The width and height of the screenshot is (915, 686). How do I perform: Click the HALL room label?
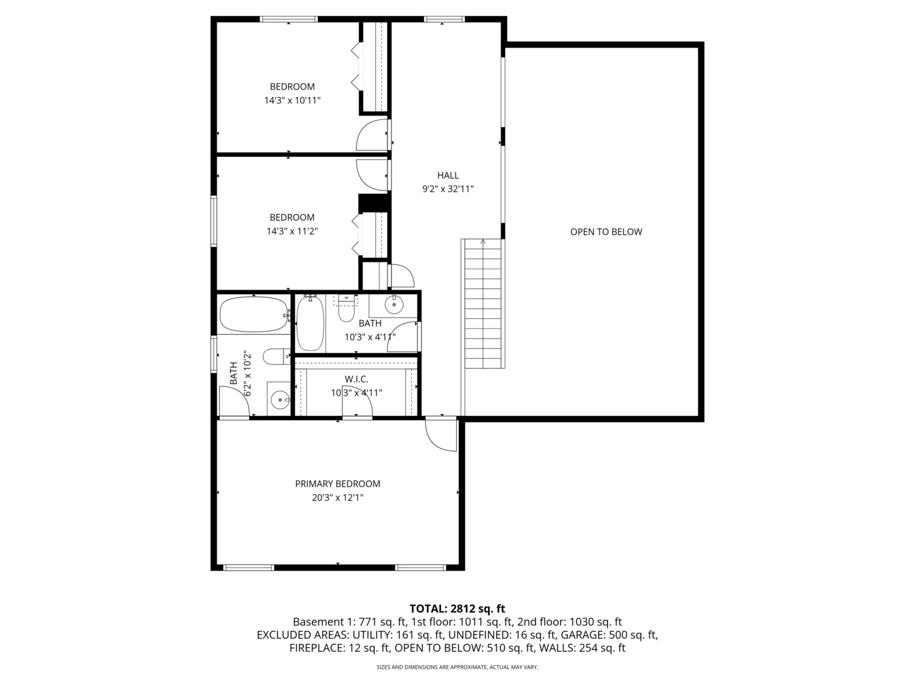pos(447,175)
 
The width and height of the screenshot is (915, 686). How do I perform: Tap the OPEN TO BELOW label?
pos(606,232)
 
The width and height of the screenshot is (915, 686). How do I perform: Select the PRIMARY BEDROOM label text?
pos(337,483)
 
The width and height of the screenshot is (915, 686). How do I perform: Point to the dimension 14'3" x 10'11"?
pos(292,100)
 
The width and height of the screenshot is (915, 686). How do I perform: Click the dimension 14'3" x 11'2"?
pos(292,231)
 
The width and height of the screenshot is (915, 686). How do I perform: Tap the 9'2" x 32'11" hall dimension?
pos(447,189)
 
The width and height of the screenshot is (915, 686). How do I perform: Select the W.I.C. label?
pos(356,379)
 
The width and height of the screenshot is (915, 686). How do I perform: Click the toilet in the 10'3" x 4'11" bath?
pos(346,310)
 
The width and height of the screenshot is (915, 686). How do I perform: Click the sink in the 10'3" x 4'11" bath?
pos(395,305)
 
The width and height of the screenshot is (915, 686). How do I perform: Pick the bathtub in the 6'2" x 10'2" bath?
pos(254,314)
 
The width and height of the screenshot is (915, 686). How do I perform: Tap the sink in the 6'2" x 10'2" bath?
pos(280,400)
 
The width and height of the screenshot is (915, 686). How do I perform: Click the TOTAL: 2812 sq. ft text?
pos(457,609)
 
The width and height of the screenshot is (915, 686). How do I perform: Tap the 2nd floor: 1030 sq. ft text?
pos(569,622)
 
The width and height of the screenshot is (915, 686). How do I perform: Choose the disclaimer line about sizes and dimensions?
pos(457,667)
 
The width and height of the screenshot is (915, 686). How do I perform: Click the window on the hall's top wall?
pos(444,19)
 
